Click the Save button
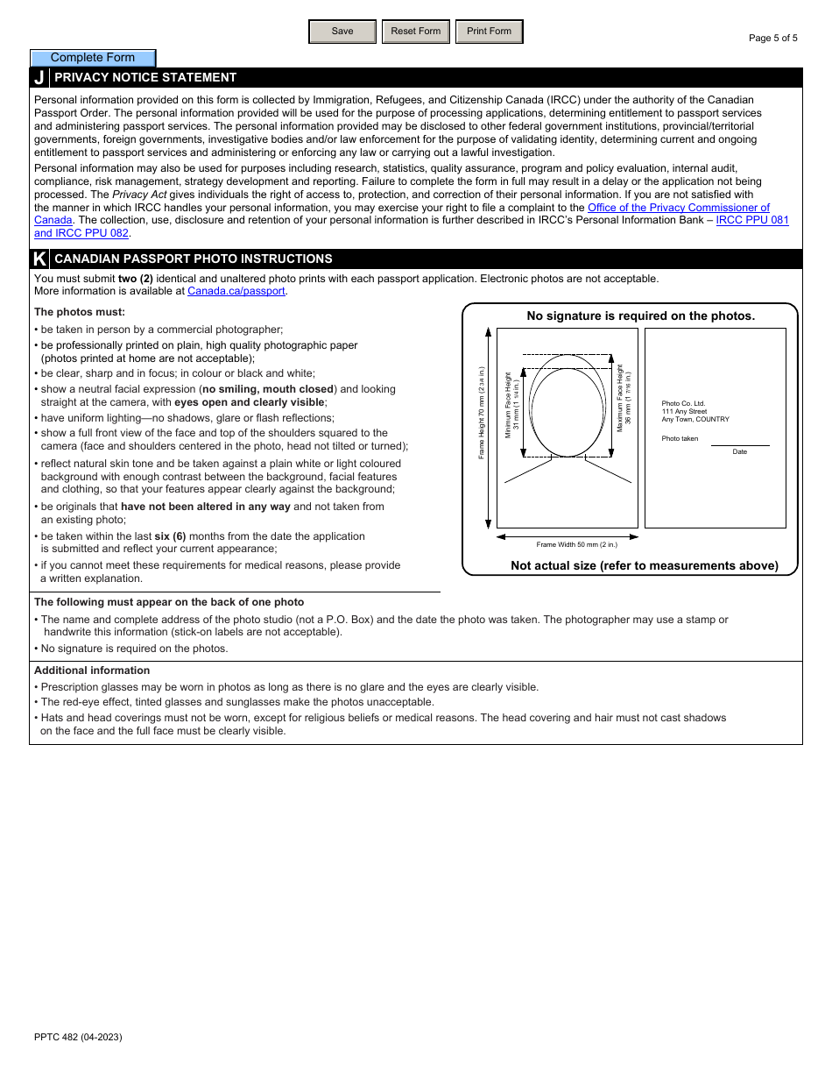click(x=342, y=32)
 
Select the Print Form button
click(x=489, y=32)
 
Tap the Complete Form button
click(x=93, y=58)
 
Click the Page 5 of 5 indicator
click(x=772, y=38)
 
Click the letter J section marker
click(x=39, y=77)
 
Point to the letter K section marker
click(x=39, y=259)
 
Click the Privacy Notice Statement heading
click(x=145, y=77)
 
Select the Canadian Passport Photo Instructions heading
click(x=193, y=259)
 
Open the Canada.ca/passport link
click(x=236, y=291)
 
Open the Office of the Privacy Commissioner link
click(x=678, y=208)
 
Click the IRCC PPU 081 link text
click(x=751, y=220)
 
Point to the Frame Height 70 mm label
click(x=482, y=413)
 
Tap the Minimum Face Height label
click(x=512, y=406)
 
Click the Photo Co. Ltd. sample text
click(x=683, y=403)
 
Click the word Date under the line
click(x=740, y=451)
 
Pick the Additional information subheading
click(x=80, y=670)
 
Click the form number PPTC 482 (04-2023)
click(x=78, y=1037)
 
